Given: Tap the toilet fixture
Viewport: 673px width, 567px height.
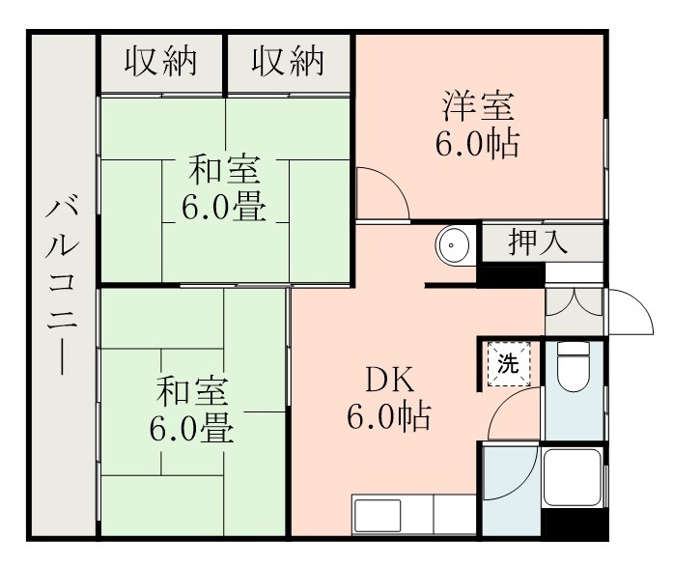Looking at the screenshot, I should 575,370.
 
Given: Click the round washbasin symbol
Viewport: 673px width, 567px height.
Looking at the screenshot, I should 452,245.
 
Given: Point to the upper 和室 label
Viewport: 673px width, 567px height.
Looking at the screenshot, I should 224,171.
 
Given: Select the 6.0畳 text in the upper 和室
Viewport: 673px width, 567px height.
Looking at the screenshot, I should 224,208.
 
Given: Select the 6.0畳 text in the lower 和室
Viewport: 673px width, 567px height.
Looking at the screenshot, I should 192,428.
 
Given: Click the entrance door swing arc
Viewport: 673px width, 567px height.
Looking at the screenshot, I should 629,311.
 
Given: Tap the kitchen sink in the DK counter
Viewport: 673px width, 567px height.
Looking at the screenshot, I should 377,515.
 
